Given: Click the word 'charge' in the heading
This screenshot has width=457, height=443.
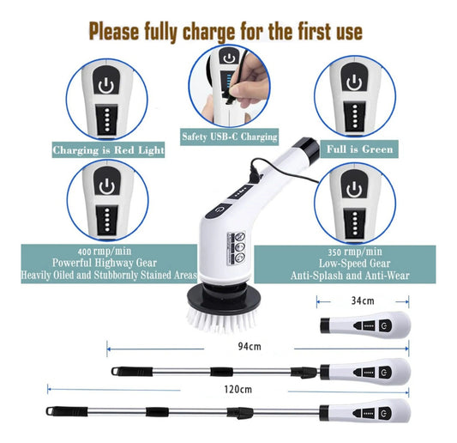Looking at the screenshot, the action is click(x=208, y=32).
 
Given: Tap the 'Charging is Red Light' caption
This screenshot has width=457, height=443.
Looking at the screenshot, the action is click(x=108, y=150).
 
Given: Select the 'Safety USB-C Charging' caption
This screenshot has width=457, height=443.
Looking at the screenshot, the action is click(x=230, y=137).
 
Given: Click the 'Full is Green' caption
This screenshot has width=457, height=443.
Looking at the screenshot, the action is click(x=359, y=149).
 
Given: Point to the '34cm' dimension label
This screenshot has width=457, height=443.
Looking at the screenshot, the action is click(x=363, y=300).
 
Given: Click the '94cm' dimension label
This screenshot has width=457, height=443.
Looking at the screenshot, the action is click(x=250, y=346).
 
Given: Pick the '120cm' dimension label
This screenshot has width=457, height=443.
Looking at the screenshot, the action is click(x=238, y=389).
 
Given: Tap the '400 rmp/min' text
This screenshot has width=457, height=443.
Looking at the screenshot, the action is click(x=105, y=252).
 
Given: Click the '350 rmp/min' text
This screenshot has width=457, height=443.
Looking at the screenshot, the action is click(x=355, y=252).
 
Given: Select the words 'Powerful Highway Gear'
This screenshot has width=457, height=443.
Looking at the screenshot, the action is click(x=105, y=263).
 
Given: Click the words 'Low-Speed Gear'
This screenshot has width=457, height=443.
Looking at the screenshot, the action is click(x=354, y=264).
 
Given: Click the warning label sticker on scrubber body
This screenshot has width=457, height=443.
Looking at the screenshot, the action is click(x=237, y=248).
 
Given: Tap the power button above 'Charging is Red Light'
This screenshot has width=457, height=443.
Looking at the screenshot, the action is click(x=105, y=84).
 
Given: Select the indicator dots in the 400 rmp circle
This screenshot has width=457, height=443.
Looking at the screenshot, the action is click(x=107, y=220).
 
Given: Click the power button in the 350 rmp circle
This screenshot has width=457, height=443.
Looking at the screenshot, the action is click(x=354, y=188).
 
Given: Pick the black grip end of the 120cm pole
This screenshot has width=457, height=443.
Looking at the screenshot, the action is click(x=67, y=411).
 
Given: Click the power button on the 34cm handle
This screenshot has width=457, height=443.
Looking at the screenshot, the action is click(x=385, y=325).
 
